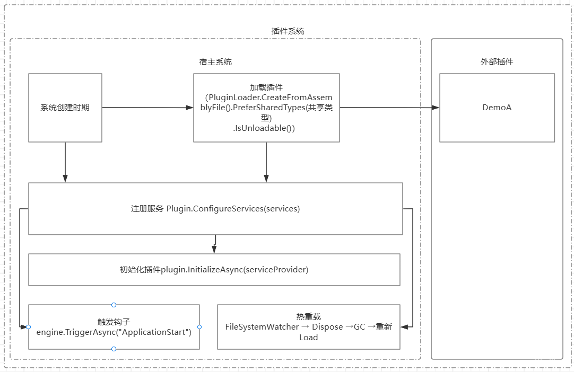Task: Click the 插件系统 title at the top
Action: [288, 31]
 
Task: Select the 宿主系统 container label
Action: [215, 62]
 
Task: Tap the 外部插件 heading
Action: [497, 62]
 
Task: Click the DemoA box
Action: [497, 108]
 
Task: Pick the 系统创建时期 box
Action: [65, 108]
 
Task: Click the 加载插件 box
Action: [266, 108]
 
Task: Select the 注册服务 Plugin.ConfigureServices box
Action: [215, 208]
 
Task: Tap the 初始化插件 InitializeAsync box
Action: [214, 270]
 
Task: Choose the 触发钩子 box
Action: [114, 327]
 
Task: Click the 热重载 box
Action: [308, 327]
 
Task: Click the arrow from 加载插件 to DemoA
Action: [389, 108]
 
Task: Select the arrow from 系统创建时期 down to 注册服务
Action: [65, 162]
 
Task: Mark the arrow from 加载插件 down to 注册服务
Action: [266, 162]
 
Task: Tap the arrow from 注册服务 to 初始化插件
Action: [214, 244]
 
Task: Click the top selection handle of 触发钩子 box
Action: [114, 305]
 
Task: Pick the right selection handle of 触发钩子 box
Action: [199, 327]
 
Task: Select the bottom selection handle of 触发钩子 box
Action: [114, 349]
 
